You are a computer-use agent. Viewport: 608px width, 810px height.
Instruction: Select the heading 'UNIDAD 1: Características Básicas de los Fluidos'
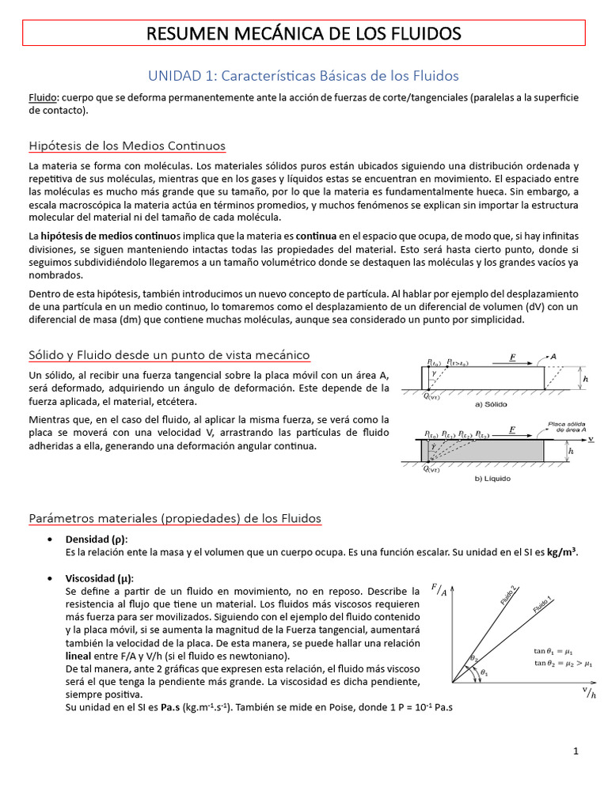(304, 76)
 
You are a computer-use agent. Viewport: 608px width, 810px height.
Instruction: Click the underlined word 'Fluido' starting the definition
(43, 97)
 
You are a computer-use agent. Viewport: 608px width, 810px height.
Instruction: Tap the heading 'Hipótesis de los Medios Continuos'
(127, 146)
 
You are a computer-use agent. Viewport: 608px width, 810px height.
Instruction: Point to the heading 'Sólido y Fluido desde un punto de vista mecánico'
(169, 355)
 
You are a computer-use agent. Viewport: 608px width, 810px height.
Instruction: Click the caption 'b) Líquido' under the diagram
(492, 479)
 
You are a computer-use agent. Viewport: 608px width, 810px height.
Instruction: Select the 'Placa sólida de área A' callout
(568, 426)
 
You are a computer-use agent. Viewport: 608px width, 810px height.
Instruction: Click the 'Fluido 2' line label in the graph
(508, 595)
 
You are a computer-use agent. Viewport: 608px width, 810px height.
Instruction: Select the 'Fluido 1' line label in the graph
(542, 606)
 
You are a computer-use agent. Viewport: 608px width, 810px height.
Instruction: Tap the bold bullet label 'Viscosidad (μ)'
(99, 577)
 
